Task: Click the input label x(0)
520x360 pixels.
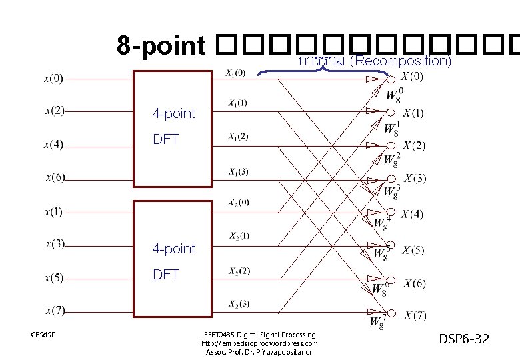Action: (54, 78)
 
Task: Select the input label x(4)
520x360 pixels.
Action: (54, 144)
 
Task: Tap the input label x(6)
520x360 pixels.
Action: (55, 177)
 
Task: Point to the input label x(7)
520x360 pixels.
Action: (55, 309)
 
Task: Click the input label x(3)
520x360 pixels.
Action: (54, 244)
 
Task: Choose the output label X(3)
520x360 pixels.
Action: (415, 178)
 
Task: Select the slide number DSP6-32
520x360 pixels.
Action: (464, 339)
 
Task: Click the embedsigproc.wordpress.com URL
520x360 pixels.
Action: (259, 343)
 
